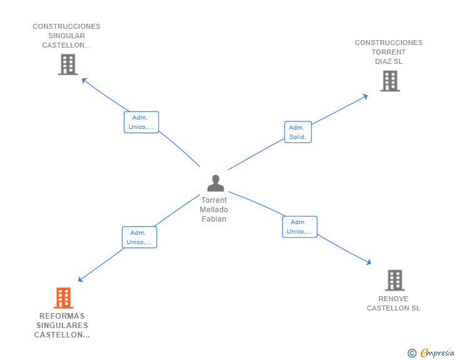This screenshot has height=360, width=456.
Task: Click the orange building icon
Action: pos(63,298)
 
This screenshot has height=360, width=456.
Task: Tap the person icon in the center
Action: pos(215,183)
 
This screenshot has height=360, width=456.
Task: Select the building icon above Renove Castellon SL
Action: pos(395,280)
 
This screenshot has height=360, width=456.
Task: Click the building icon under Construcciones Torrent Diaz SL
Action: pos(390,81)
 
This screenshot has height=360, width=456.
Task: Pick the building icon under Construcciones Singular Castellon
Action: pos(68,64)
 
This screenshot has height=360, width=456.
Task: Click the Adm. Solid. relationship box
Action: pos(298,132)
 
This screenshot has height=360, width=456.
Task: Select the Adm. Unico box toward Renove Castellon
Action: pos(299,227)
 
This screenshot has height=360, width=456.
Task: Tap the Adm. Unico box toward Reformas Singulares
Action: pos(139,237)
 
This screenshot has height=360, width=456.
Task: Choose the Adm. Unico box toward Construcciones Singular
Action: pos(142,122)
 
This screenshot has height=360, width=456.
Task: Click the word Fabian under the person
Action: pos(214,219)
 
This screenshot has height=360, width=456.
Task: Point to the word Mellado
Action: pos(214,210)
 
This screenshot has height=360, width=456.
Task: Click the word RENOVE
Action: pos(393,299)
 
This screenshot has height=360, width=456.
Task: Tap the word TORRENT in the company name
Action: pos(388,52)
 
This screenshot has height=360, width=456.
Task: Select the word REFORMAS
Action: pos(62,316)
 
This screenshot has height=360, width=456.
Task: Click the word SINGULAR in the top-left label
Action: pos(66,36)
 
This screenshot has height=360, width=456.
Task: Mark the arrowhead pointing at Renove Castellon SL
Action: pos(369,262)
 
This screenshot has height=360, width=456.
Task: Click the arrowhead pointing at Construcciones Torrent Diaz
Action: pos(365,96)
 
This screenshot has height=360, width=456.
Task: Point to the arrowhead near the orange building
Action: pos(81,279)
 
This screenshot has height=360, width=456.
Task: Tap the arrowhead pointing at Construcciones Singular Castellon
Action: pos(85,80)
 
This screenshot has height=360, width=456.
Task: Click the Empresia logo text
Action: pos(437,352)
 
